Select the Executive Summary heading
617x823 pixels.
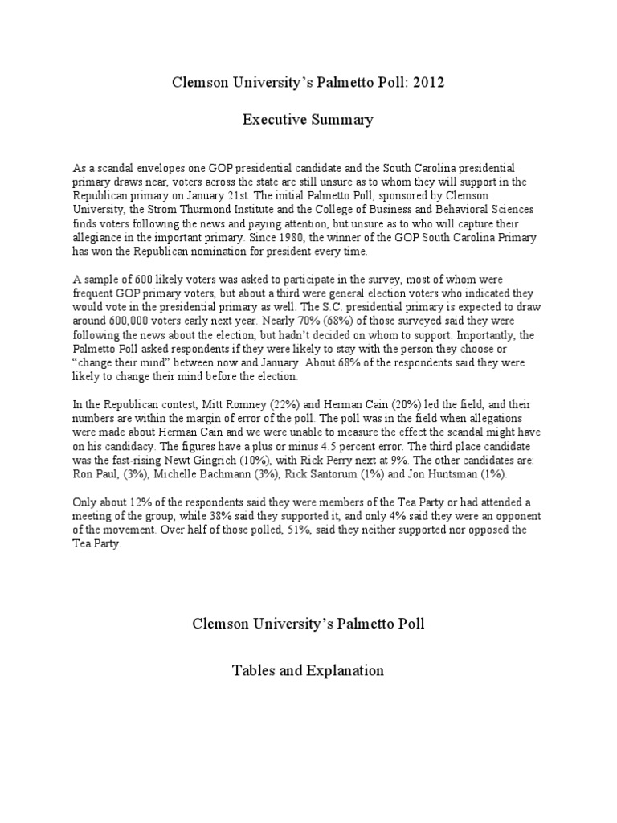coord(308,121)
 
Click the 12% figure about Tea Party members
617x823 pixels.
coord(145,502)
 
